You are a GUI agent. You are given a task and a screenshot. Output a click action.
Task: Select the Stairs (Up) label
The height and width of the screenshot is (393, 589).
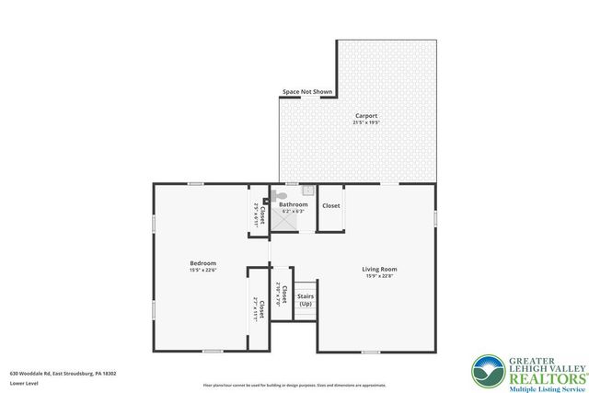(x=306, y=300)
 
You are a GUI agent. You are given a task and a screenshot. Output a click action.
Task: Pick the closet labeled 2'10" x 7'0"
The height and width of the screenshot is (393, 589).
(x=283, y=295)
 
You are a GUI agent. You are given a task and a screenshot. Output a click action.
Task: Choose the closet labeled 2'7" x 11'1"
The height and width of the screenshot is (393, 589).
(x=260, y=307)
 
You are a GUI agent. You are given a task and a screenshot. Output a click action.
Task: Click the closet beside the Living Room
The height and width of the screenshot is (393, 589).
(x=331, y=206)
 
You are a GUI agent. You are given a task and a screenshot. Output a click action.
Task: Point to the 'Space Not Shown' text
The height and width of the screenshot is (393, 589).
(x=307, y=93)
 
